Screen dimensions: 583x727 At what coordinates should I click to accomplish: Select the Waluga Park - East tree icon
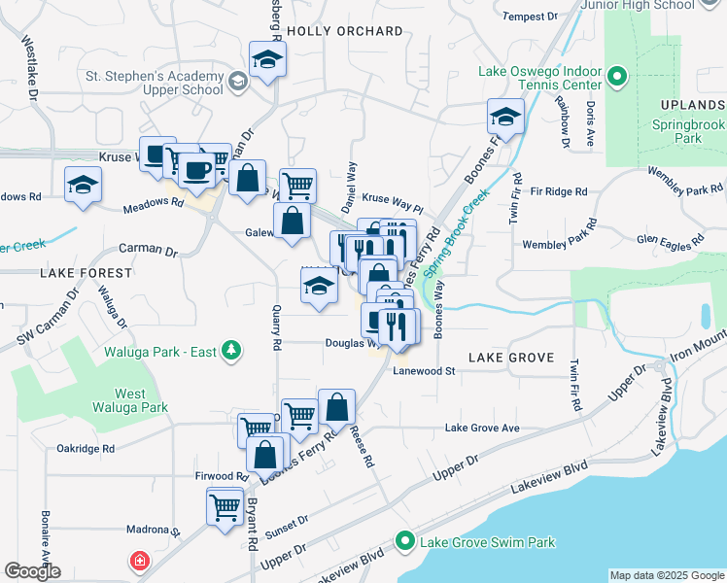tap(231, 349)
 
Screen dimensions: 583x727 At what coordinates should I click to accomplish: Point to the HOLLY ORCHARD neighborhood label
tap(345, 32)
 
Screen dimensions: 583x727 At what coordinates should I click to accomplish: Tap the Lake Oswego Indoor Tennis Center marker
tap(615, 76)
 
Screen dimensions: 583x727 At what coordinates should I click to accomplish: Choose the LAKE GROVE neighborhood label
tap(511, 358)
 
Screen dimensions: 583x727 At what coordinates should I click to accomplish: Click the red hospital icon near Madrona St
tap(141, 562)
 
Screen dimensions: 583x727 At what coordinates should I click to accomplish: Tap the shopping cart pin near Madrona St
tap(225, 505)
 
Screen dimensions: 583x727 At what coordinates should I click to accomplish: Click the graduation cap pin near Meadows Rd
tap(84, 185)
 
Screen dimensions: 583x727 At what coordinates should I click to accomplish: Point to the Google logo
tap(32, 571)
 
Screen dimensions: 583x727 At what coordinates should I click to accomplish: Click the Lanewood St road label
tap(424, 371)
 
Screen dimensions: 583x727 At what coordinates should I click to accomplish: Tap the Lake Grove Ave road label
tap(482, 429)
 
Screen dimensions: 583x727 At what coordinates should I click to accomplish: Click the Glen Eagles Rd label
tap(669, 239)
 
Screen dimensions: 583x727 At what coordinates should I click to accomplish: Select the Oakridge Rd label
tap(86, 449)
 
